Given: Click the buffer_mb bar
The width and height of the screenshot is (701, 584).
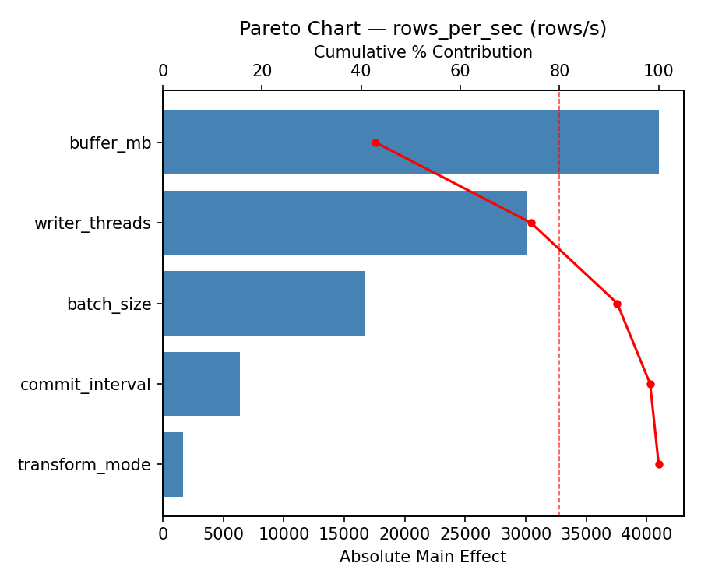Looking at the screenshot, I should pos(410,142).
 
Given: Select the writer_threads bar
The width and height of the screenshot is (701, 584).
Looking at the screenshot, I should pos(344,223).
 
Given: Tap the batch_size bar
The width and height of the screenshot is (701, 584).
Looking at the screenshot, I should pos(263,304).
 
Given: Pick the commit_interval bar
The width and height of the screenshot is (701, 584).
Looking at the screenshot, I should pos(201,384).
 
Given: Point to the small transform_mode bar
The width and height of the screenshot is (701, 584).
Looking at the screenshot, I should pos(173,464).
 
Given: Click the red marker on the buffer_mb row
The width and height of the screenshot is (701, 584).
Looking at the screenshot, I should pos(375,142).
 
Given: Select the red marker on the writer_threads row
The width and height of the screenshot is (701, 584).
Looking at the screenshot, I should pos(531,223).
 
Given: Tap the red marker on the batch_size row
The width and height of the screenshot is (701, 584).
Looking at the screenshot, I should pos(617,304).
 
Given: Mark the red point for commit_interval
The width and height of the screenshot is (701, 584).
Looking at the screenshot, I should pos(650,384).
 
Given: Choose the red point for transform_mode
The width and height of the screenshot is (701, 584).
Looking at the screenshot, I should pos(659,464).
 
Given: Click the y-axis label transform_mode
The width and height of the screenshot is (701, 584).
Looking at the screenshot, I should pos(84,465).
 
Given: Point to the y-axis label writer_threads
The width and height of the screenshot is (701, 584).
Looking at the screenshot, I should pos(92,223).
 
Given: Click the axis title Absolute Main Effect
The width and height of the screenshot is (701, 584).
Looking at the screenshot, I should pos(423,557).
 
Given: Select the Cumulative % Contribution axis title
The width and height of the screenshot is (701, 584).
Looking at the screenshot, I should pos(423,52).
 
